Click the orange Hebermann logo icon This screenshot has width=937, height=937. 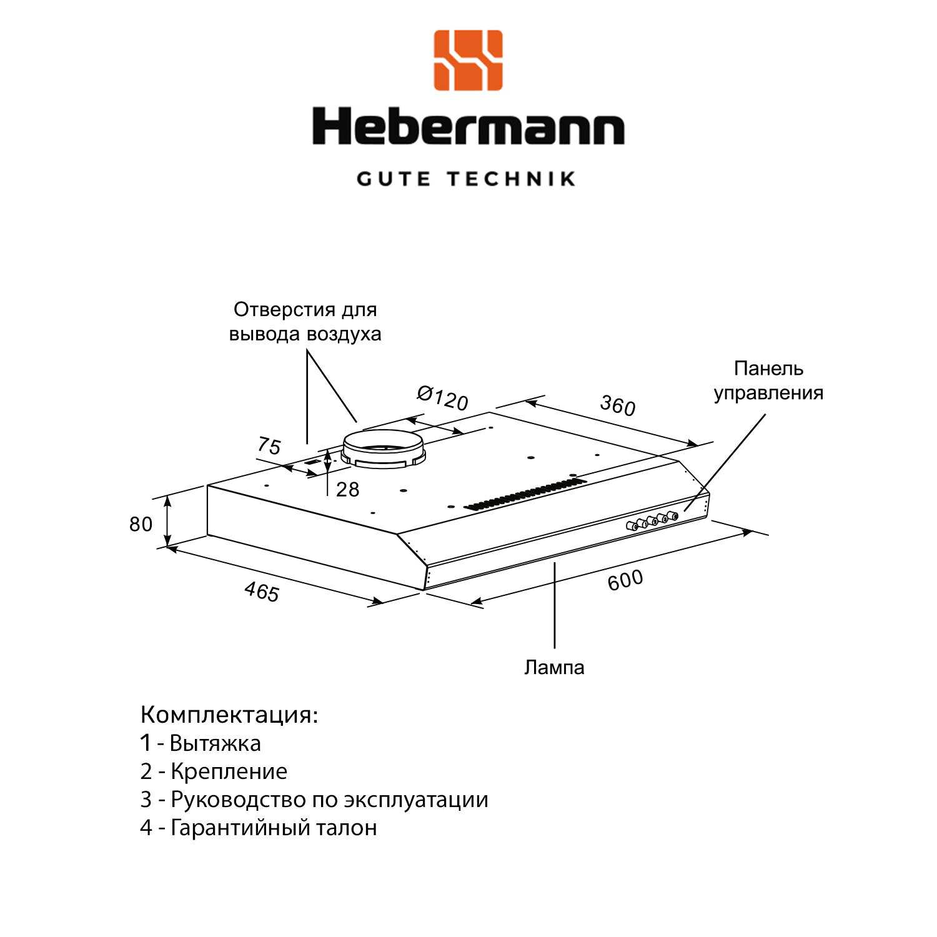[x=468, y=60]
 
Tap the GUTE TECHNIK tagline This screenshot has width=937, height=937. [x=466, y=179]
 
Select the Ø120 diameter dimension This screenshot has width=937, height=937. [x=442, y=398]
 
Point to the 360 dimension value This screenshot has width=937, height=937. [x=617, y=406]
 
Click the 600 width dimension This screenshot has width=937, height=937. [x=625, y=580]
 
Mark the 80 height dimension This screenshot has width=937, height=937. [x=141, y=524]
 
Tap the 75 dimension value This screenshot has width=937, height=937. [x=269, y=446]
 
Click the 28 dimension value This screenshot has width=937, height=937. [x=348, y=489]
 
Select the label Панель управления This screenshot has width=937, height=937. [x=768, y=380]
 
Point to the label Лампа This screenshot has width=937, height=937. [x=554, y=667]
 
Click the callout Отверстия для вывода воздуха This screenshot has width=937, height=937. [x=305, y=321]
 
